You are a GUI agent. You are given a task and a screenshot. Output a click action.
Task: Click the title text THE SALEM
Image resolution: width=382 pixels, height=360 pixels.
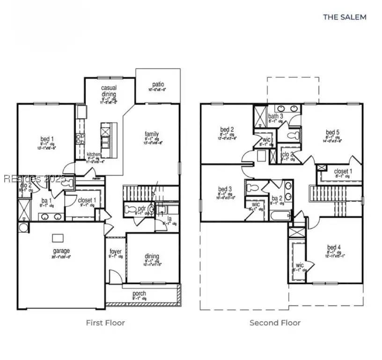tap(345, 17)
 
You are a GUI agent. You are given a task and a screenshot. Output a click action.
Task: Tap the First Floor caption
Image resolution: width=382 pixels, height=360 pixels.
tap(105, 322)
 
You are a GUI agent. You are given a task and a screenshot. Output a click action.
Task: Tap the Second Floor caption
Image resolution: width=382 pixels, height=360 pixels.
tap(275, 322)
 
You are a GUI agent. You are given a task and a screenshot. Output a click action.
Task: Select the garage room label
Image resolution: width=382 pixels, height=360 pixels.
tap(61, 251)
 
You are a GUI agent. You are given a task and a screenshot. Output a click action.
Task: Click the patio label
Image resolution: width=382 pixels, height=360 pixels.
tap(158, 84)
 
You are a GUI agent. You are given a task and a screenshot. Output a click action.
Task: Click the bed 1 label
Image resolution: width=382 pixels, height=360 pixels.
tap(47, 139)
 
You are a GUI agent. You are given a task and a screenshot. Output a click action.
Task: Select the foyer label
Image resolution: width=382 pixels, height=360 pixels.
tap(115, 252)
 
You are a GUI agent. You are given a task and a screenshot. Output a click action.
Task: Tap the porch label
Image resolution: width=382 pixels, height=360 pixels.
tap(139, 293)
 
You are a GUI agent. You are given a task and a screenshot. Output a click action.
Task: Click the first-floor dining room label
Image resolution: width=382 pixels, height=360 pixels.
tap(152, 256)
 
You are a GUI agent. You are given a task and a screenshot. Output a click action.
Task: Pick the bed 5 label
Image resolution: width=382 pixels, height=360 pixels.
tap(332, 132)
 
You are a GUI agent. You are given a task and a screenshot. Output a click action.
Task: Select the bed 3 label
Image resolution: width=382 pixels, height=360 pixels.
tap(225, 189)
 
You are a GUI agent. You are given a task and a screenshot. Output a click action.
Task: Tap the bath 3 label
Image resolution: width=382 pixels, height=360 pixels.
tap(275, 116)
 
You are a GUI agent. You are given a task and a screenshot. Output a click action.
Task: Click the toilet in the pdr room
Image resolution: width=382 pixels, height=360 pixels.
tap(130, 209)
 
